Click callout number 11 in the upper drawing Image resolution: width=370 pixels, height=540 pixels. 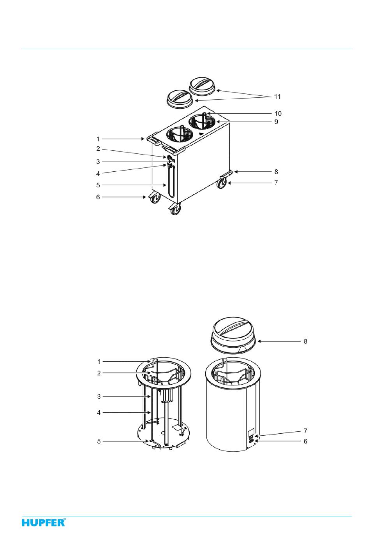tap(277, 97)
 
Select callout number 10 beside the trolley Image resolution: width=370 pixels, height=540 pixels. tap(278, 113)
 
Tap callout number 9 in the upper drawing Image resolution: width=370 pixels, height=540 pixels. tap(277, 122)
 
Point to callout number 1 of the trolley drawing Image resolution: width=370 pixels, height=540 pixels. tap(98, 139)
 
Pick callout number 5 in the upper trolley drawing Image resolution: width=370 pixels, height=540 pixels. tap(98, 185)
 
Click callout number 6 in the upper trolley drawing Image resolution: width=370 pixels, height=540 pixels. tap(98, 197)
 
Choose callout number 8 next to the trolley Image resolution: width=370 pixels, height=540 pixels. tap(276, 172)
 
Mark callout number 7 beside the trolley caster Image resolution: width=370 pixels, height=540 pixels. tap(276, 183)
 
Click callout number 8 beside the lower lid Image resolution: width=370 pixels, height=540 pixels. tap(305, 341)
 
